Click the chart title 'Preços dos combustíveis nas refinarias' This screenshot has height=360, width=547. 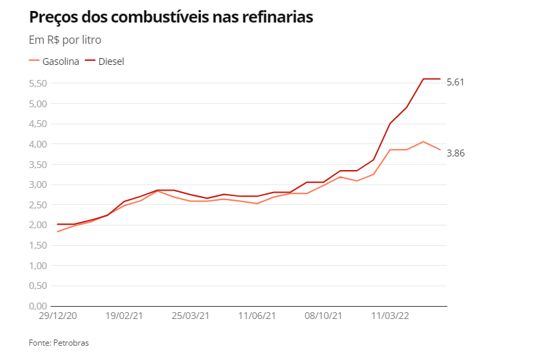[x=171, y=18]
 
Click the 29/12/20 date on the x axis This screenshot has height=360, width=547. [x=57, y=316]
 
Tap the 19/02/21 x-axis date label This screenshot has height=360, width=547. [x=124, y=316]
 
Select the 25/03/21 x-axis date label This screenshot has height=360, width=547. [x=191, y=316]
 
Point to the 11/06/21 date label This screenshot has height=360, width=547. [x=257, y=316]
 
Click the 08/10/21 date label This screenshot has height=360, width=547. [x=324, y=316]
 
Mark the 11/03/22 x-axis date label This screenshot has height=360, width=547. [x=390, y=316]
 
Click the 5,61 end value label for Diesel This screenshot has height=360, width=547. [x=455, y=82]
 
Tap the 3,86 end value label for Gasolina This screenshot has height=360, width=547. [x=455, y=153]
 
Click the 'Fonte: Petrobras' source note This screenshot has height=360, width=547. [x=59, y=343]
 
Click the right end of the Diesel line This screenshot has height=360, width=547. [x=440, y=79]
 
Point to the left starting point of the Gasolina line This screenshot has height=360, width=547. [x=57, y=232]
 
